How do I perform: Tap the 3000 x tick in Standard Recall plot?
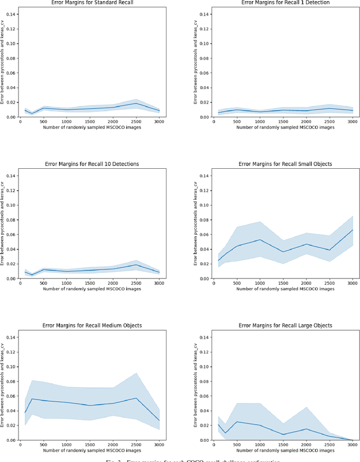(x=159, y=121)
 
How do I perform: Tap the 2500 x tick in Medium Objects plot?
(x=136, y=444)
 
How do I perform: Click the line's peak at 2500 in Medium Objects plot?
(x=136, y=398)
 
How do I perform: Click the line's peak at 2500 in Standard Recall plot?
(x=136, y=103)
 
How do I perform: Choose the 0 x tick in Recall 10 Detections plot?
(x=20, y=282)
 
